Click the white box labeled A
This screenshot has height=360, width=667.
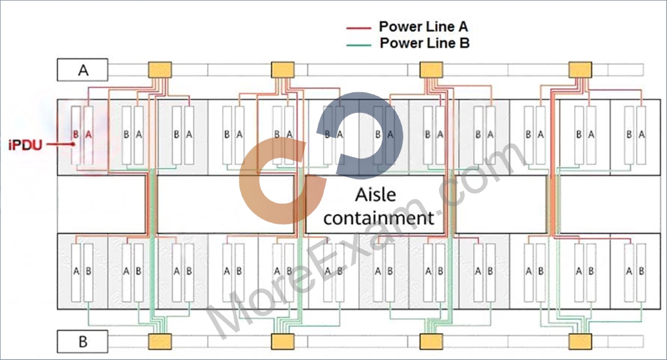pos(83,70)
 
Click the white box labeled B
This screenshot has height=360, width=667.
pos(83,342)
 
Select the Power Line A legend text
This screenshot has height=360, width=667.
pos(423,27)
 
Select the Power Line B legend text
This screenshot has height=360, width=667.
pos(425,43)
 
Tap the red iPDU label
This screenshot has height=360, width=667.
pos(25,145)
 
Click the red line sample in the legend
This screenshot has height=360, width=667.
pos(359,28)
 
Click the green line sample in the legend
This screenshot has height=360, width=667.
pos(359,45)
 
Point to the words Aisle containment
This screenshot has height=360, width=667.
pos(378,207)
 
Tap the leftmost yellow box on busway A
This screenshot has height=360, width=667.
pos(160,70)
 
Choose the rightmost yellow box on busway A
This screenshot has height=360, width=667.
pos(580,70)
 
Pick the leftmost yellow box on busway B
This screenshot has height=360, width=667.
pos(160,342)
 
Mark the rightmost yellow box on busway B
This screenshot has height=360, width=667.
pos(580,342)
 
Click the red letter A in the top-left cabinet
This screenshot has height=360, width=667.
pos(88,135)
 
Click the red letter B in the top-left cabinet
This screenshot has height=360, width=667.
pos(76,135)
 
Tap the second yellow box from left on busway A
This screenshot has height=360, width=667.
pos(282,70)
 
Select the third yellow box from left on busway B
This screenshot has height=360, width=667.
pos(431,342)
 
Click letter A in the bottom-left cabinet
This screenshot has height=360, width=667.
pos(76,271)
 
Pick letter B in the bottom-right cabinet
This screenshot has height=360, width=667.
pos(641,271)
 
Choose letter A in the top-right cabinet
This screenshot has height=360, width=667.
pos(641,135)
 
